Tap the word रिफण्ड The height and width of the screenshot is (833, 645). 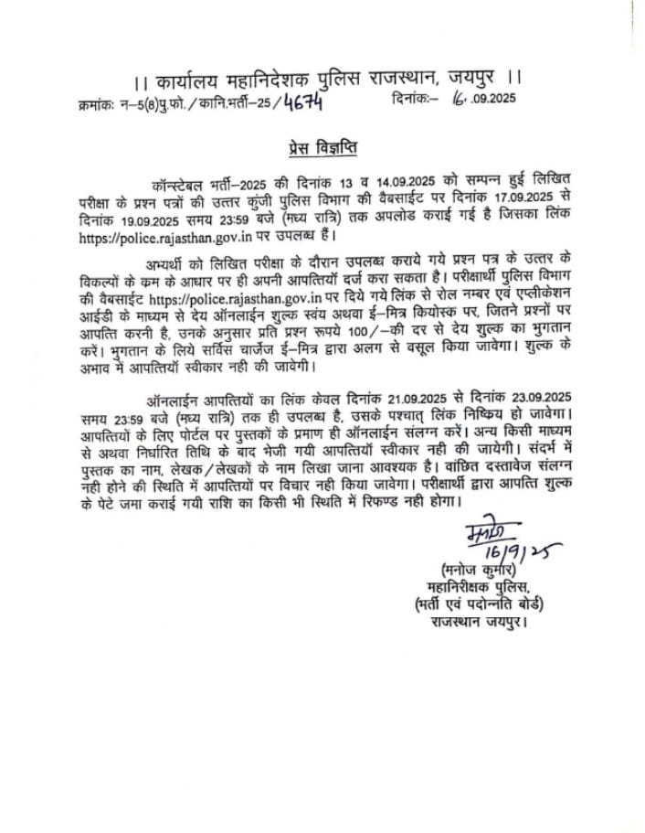(x=460, y=501)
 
